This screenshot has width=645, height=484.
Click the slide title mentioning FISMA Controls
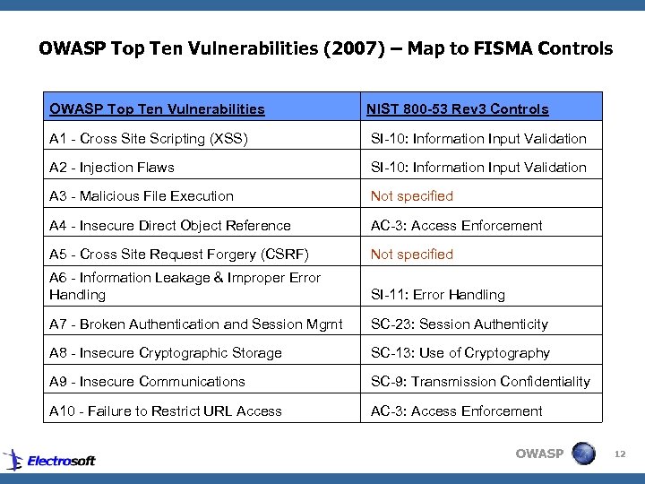pyautogui.click(x=326, y=48)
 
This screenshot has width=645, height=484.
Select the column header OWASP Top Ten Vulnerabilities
pyautogui.click(x=158, y=109)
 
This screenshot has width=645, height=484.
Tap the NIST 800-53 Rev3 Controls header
pyautogui.click(x=458, y=109)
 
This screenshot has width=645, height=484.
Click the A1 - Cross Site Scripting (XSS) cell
pyautogui.click(x=149, y=138)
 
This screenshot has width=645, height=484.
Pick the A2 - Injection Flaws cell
pyautogui.click(x=112, y=167)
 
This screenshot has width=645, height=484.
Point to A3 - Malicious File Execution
pyautogui.click(x=142, y=195)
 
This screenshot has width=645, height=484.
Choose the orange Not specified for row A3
pyautogui.click(x=412, y=195)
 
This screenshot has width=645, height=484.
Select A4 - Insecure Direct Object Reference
pyautogui.click(x=170, y=225)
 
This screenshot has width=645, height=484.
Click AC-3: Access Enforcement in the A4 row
pyautogui.click(x=457, y=225)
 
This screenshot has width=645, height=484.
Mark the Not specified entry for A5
pyautogui.click(x=412, y=254)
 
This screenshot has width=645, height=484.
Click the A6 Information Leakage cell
pyautogui.click(x=185, y=286)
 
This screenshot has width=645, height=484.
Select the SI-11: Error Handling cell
pyautogui.click(x=438, y=294)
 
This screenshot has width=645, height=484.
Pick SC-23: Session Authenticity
pyautogui.click(x=460, y=324)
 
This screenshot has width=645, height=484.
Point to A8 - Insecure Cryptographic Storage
pyautogui.click(x=166, y=352)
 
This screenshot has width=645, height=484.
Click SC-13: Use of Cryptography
pyautogui.click(x=460, y=352)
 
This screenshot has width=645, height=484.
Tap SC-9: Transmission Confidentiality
pyautogui.click(x=481, y=381)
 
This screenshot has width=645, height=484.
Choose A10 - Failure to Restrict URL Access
pyautogui.click(x=166, y=411)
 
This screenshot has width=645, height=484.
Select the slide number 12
pyautogui.click(x=620, y=455)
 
